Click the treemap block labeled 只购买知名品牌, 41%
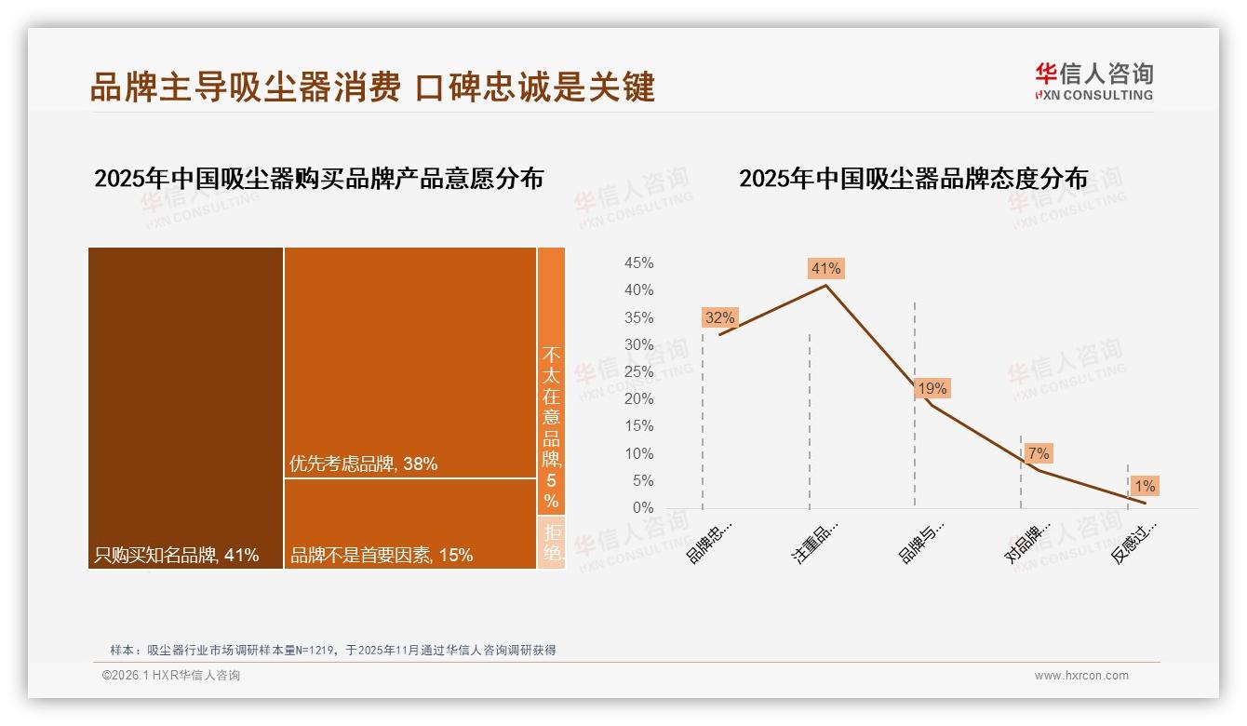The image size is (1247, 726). point(185,408)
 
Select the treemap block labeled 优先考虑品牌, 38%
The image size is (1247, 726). point(409,363)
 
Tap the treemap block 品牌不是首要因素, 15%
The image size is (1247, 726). point(409,523)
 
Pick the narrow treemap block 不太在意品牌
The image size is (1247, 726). point(551,380)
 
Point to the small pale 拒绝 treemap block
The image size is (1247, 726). point(552,542)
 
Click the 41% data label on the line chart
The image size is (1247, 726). point(826,269)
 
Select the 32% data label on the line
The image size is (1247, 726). point(719,317)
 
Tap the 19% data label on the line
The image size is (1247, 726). point(932,388)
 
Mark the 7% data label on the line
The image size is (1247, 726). point(1039,453)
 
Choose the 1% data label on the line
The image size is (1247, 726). point(1145,486)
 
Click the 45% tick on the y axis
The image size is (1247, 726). point(638,263)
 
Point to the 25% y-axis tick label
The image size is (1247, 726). point(638,372)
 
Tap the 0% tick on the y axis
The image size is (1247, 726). point(642,508)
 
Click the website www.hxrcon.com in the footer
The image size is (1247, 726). point(1081,676)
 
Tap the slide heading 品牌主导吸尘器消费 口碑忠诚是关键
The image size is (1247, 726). point(372,87)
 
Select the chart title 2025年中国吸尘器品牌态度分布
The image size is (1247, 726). point(913,179)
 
